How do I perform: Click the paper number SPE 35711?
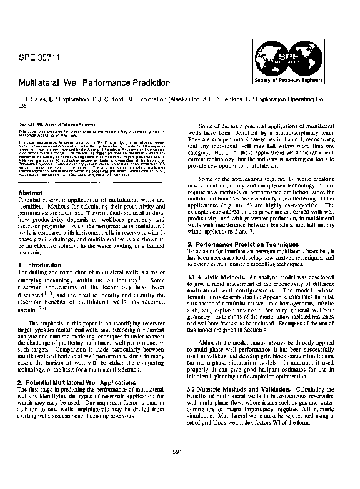tap(39, 60)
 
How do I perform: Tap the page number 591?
tap(179, 469)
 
